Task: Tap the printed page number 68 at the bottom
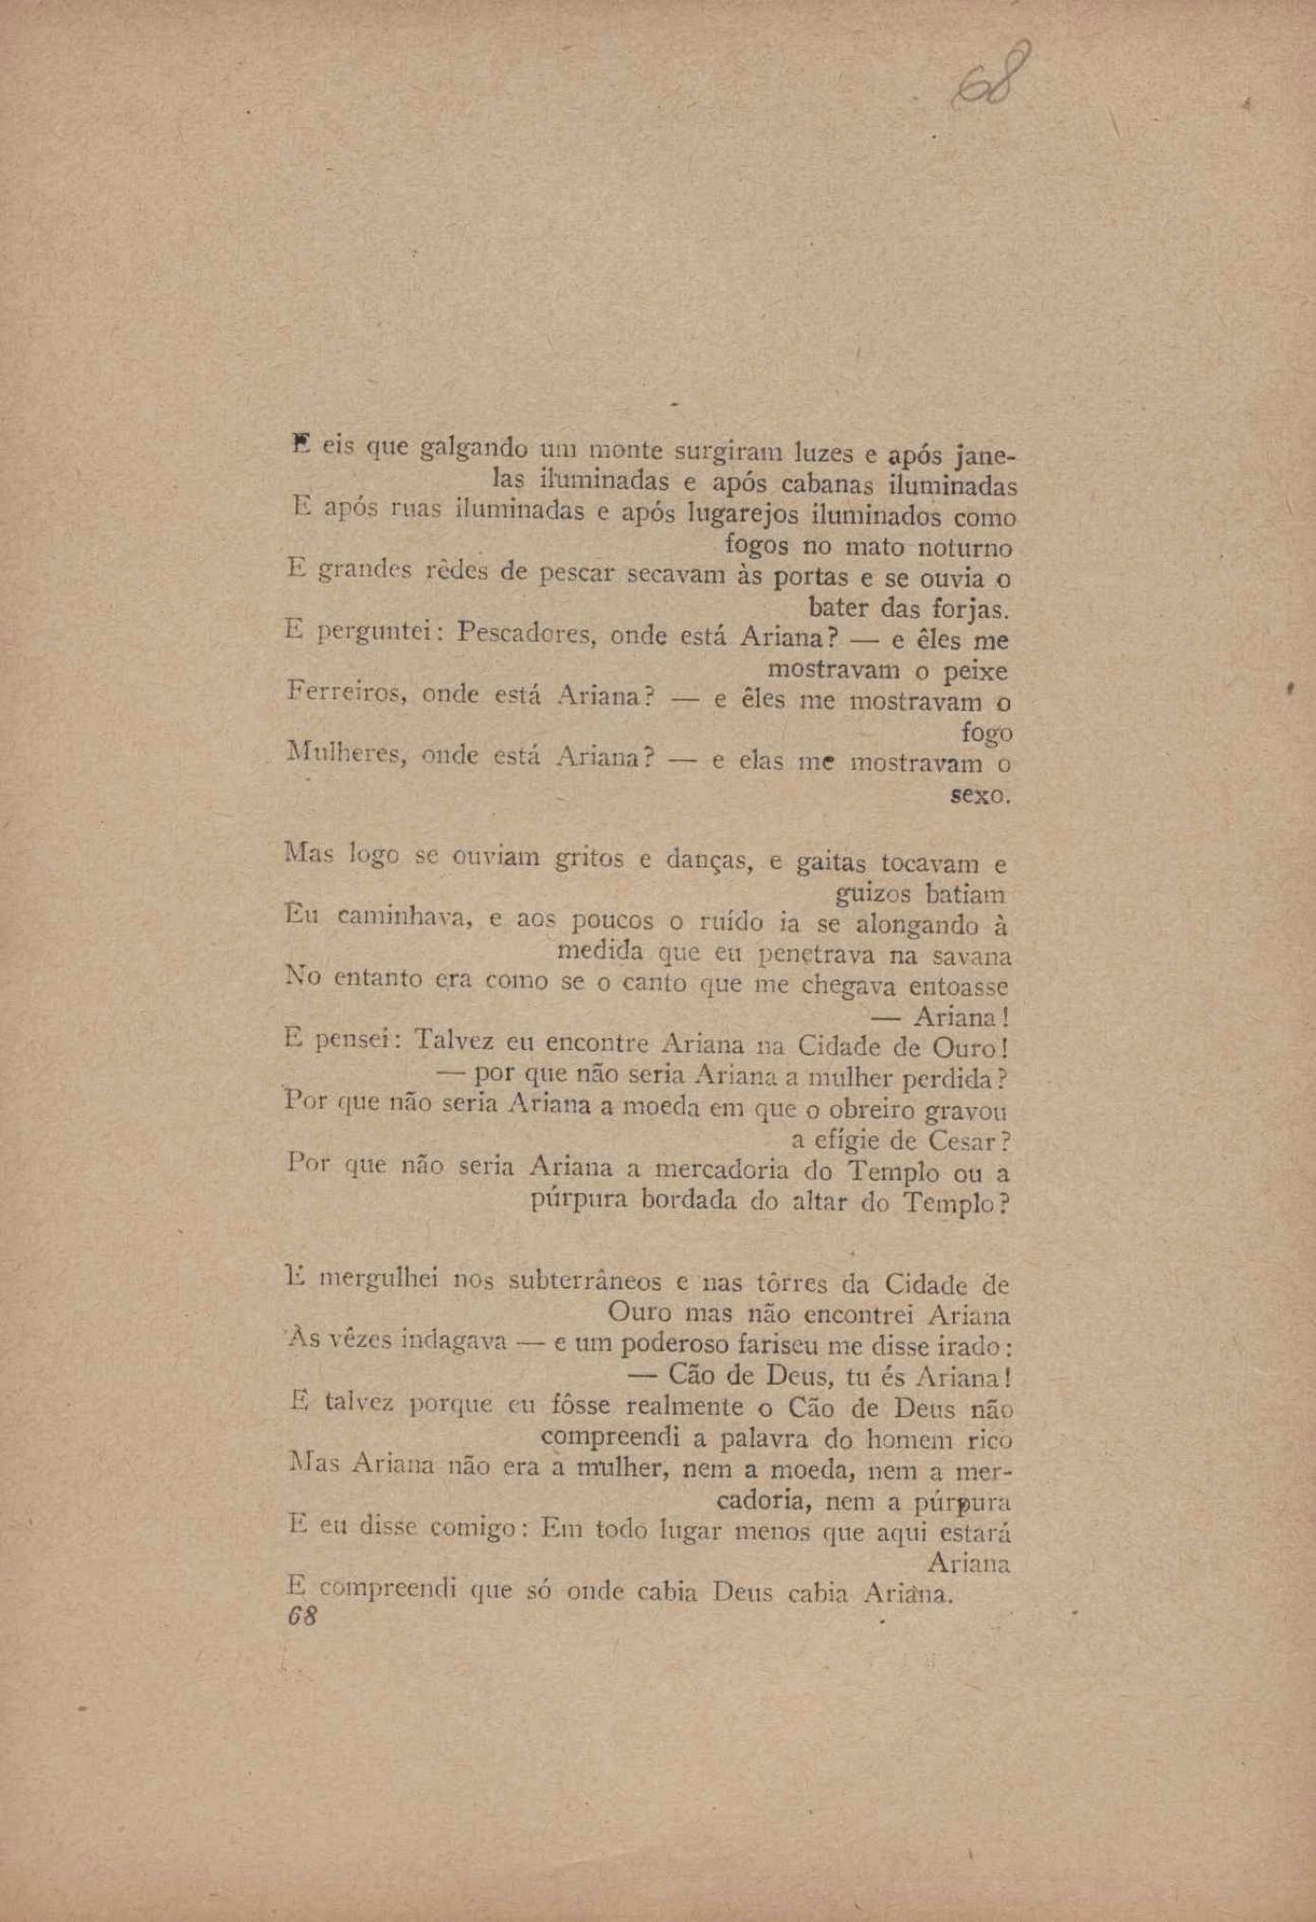pyautogui.click(x=301, y=1615)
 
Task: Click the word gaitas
pyautogui.click(x=831, y=862)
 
